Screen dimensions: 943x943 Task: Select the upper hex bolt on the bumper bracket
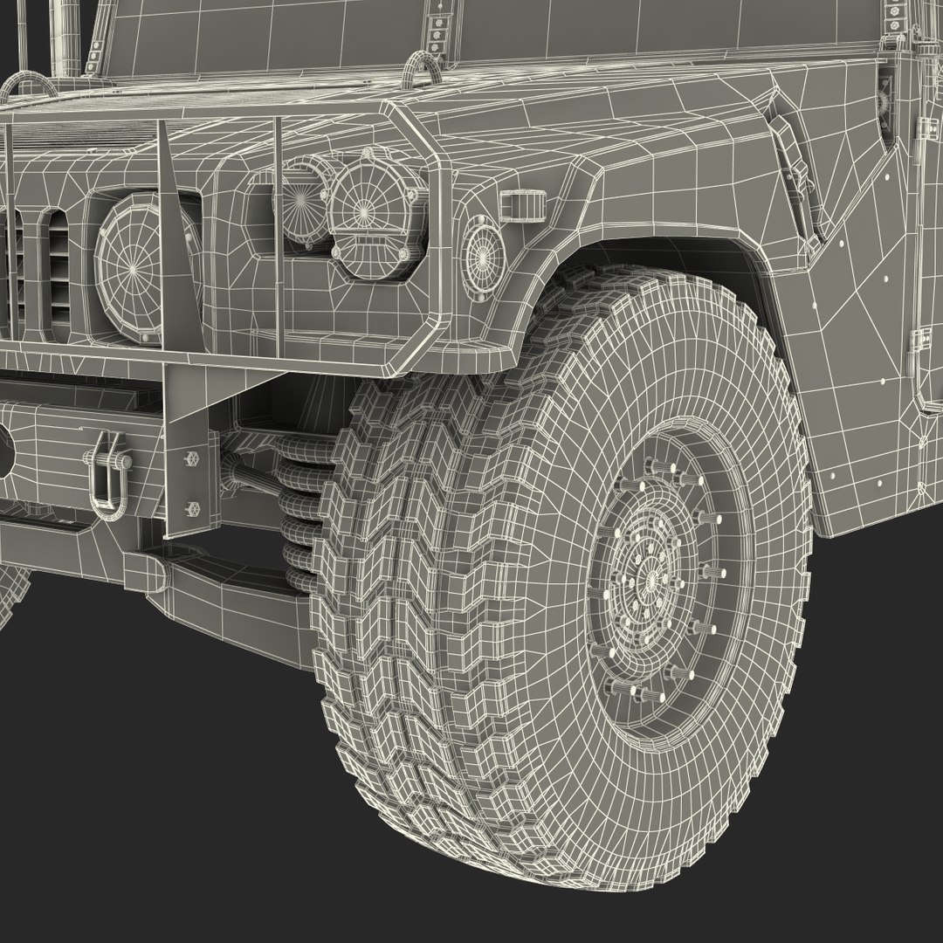(x=190, y=458)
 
